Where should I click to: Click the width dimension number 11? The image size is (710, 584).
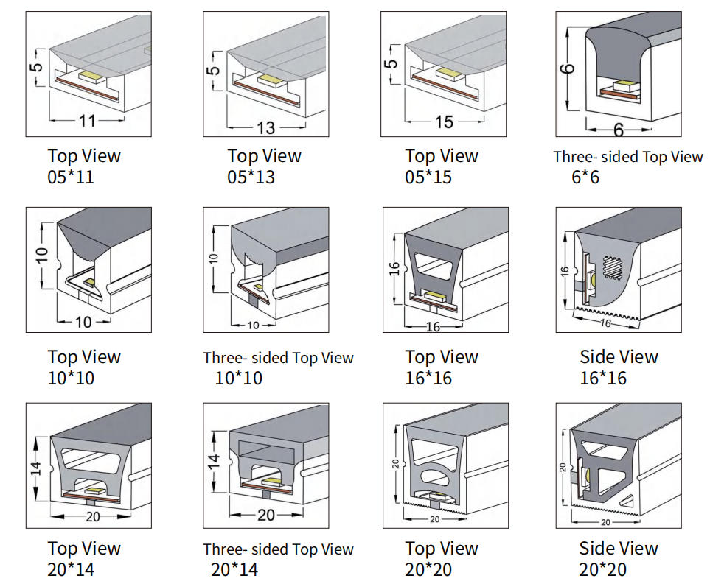[x=87, y=121]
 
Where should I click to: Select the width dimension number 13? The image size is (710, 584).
[x=265, y=127]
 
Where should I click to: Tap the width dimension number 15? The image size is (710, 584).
[x=444, y=122]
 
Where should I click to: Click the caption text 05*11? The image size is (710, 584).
[x=71, y=177]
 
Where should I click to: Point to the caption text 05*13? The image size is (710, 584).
[x=251, y=177]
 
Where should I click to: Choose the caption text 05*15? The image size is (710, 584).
[x=428, y=177]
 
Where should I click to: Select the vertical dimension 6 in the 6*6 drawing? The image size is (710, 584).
[x=567, y=69]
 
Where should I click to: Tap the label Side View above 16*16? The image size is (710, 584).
[x=618, y=357]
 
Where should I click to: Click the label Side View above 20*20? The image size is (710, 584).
[x=618, y=549]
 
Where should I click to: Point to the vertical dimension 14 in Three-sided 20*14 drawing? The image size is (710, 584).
[x=213, y=462]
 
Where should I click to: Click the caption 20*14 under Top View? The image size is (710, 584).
[x=71, y=569]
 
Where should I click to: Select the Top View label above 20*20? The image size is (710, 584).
[x=441, y=549]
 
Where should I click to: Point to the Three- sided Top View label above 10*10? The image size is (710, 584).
[x=278, y=358]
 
